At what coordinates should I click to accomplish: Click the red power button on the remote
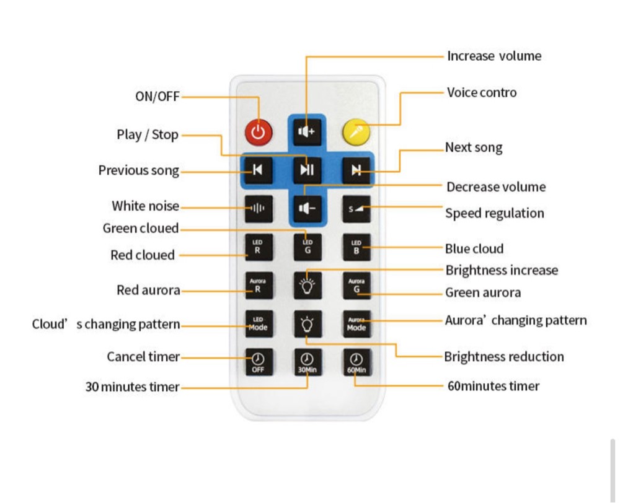tap(259, 132)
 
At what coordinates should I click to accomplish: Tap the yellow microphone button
tap(356, 132)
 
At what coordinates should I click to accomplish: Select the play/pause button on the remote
tap(308, 170)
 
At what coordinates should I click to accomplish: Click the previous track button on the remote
tap(258, 170)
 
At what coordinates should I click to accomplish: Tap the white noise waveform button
tap(258, 208)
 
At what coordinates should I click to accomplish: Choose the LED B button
tap(356, 247)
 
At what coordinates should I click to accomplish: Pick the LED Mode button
tap(259, 323)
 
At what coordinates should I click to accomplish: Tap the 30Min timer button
tap(308, 362)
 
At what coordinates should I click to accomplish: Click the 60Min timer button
tap(356, 362)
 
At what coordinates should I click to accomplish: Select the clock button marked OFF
tap(259, 362)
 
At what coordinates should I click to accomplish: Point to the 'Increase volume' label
tap(494, 56)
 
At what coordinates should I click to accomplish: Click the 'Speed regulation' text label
tap(495, 213)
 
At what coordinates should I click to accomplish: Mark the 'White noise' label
tap(145, 206)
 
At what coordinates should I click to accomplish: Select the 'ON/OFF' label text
tap(157, 97)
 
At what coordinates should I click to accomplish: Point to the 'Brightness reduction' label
tap(504, 356)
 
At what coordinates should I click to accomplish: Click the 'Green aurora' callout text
tap(483, 293)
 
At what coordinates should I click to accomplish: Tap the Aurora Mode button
tap(356, 323)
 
